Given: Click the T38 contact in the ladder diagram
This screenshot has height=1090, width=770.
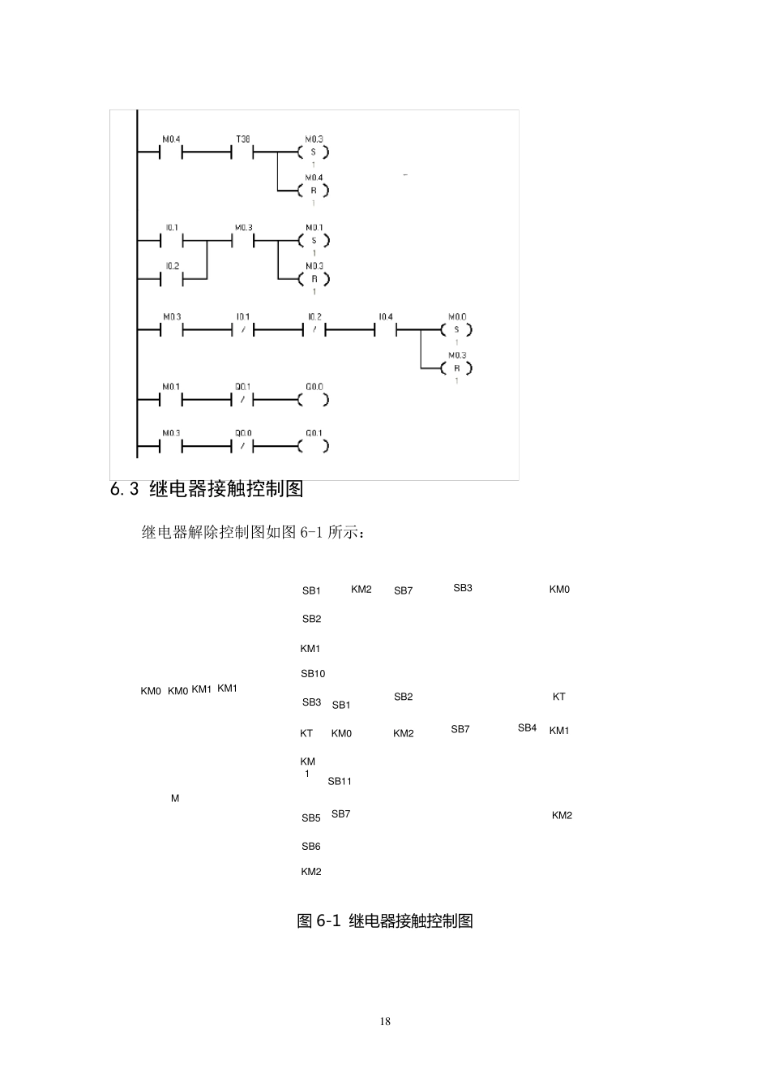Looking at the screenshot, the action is pos(242,152).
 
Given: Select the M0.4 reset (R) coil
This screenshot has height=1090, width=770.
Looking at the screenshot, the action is pos(314,191).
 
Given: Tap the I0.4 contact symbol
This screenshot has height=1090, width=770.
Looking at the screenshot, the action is pos(386,330).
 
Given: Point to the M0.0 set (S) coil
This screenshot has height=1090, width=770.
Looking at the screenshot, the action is pos(456,330).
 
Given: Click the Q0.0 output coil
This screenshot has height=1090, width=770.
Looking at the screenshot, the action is pos(314,400).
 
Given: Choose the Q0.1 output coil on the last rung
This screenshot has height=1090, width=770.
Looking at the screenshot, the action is pos(314,446).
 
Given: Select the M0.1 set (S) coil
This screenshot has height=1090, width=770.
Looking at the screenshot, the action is pos(314,241).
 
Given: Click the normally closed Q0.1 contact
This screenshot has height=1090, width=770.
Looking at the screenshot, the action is pos(242,400).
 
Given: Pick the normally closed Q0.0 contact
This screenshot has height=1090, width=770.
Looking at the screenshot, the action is pos(242,446).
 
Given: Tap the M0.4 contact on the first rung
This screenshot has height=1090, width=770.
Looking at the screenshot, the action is pos(171,152).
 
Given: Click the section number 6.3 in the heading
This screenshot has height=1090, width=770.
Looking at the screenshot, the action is pos(125,490).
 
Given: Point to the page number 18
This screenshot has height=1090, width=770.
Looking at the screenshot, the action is pos(385,1021).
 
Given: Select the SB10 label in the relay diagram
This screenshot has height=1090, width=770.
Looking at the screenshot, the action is pos(313,674).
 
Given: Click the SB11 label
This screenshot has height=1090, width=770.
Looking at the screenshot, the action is pos(340,782).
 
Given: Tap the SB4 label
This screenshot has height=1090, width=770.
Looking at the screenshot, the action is pos(527,728).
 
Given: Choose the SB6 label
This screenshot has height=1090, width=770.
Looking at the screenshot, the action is pos(311,847).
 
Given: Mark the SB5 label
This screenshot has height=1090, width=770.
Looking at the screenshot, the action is pos(311,818).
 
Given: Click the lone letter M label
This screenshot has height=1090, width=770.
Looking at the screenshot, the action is pos(175,799).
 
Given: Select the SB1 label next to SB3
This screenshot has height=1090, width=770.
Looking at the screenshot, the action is pos(341,706).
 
